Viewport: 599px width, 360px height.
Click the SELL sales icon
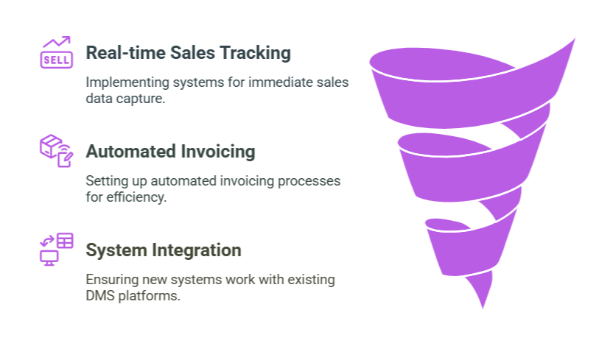click(56, 52)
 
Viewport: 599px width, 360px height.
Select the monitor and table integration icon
click(56, 248)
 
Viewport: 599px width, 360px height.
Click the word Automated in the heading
click(126, 152)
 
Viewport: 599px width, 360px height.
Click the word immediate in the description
click(276, 82)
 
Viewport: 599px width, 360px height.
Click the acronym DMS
click(100, 296)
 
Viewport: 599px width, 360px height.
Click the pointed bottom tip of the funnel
click(485, 304)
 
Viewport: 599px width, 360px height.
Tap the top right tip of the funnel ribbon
click(572, 40)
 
